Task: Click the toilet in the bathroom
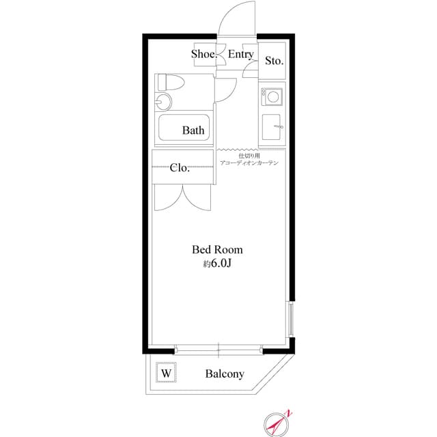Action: pyautogui.click(x=171, y=82)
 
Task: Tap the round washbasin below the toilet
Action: pyautogui.click(x=163, y=101)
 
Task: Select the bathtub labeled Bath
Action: pyautogui.click(x=184, y=128)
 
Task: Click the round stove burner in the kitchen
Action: pyautogui.click(x=273, y=97)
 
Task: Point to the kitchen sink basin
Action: pyautogui.click(x=271, y=127)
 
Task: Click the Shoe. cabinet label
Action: pyautogui.click(x=203, y=54)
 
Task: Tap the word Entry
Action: pyautogui.click(x=241, y=54)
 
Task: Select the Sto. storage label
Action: pyautogui.click(x=274, y=61)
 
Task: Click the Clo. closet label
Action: pyautogui.click(x=180, y=168)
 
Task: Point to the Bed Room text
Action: pyautogui.click(x=217, y=249)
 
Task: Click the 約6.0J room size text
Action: pyautogui.click(x=217, y=264)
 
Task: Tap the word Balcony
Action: pyautogui.click(x=225, y=374)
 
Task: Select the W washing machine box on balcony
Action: pyautogui.click(x=166, y=372)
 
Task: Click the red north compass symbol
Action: pyautogui.click(x=278, y=424)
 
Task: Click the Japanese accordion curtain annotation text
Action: pyautogui.click(x=249, y=159)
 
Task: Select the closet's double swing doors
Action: pyautogui.click(x=183, y=197)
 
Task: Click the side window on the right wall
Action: pyautogui.click(x=290, y=319)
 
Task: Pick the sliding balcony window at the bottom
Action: pyautogui.click(x=218, y=349)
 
